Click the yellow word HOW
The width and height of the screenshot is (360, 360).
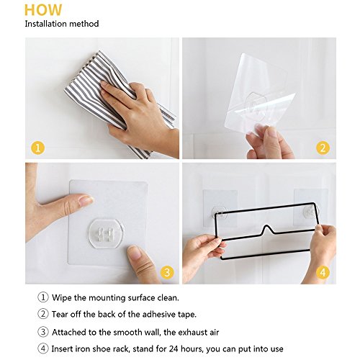tap(43, 10)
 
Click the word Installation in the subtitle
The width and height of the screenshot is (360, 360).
tap(45, 24)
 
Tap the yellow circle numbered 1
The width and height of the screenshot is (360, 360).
tap(38, 148)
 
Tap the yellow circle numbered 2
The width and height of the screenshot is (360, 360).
tap(323, 148)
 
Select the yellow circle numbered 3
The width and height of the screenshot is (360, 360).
tap(167, 272)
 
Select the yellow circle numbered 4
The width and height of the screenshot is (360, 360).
tap(323, 272)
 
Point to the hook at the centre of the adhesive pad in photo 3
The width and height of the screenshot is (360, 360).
tap(107, 234)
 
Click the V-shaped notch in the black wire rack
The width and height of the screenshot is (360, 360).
tap(266, 230)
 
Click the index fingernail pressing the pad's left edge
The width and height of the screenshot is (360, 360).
tap(86, 200)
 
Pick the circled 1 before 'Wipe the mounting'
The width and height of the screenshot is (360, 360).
tap(43, 297)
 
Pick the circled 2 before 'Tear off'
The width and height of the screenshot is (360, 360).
tap(43, 314)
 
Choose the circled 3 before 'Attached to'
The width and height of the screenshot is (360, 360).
tap(43, 332)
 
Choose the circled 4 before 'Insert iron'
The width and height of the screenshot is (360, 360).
tap(43, 348)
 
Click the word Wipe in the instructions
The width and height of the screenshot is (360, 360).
tap(62, 298)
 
